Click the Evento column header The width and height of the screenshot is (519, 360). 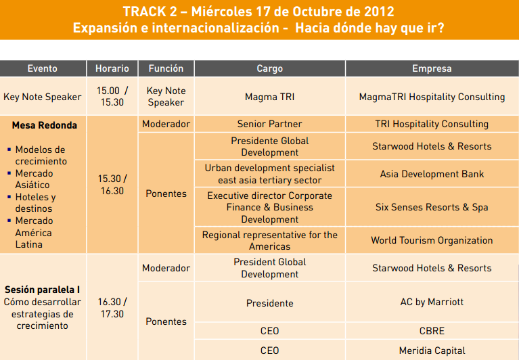(43, 68)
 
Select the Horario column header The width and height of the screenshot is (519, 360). (112, 68)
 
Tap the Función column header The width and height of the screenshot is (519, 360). (166, 68)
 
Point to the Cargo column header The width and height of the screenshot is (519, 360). (270, 68)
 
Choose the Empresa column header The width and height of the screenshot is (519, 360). (432, 68)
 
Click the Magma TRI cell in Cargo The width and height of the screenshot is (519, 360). (270, 97)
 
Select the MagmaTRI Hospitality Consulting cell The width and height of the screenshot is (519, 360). (432, 97)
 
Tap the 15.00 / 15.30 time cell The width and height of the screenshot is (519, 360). (112, 96)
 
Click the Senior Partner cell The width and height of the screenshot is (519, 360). (270, 124)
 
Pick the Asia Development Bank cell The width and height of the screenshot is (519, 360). (432, 174)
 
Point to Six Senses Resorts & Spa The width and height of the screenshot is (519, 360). (432, 207)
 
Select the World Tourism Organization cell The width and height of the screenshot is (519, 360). (432, 240)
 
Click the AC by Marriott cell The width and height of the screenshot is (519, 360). (432, 302)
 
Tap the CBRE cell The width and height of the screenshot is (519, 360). (432, 331)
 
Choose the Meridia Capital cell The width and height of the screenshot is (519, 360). (432, 351)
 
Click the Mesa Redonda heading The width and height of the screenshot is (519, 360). (45, 125)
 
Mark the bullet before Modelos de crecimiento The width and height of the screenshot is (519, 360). (9, 150)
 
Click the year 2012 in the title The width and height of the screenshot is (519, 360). (380, 12)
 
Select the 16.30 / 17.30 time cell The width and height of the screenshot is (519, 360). (112, 308)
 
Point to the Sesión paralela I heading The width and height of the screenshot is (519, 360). (43, 290)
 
